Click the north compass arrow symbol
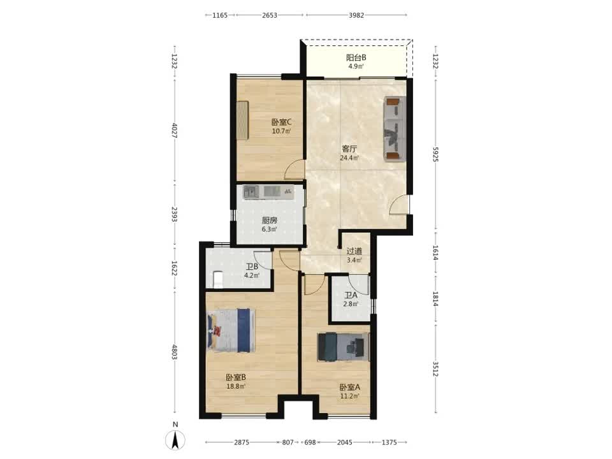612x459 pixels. (x=175, y=441)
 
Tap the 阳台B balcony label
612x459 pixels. (x=356, y=57)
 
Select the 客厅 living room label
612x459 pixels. (x=349, y=149)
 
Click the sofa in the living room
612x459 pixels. (x=395, y=128)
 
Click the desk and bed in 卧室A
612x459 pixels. (x=343, y=347)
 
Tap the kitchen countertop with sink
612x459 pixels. (x=268, y=192)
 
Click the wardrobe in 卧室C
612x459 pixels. (x=242, y=120)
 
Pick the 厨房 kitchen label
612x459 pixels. (x=269, y=221)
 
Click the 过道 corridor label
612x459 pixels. (x=354, y=251)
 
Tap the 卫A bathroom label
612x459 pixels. (x=351, y=295)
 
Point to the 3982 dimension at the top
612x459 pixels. (x=356, y=15)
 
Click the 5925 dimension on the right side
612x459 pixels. (x=435, y=154)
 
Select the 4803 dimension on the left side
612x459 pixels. (x=175, y=352)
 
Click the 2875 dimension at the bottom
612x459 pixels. (x=242, y=442)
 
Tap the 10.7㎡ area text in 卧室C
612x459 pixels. (x=281, y=131)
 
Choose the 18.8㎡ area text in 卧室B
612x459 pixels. (x=236, y=386)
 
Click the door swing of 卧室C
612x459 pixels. (x=294, y=170)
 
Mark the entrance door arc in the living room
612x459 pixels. (x=399, y=204)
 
